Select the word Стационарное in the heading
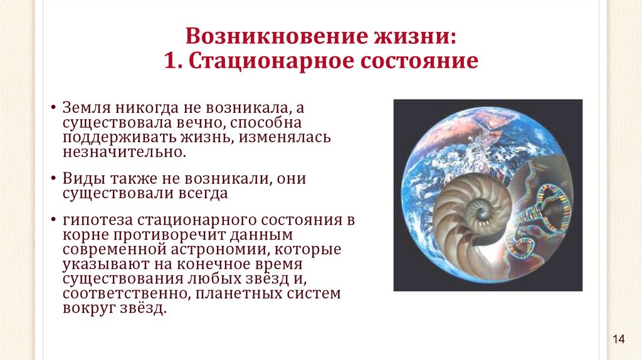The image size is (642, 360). [x=272, y=61]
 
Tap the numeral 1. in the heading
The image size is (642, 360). [x=174, y=61]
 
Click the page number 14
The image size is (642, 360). [x=619, y=339]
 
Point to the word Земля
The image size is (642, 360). [x=87, y=108]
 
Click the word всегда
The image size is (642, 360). [x=203, y=193]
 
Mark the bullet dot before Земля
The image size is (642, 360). [x=53, y=109]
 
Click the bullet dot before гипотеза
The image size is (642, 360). [x=53, y=221]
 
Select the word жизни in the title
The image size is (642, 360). [x=415, y=36]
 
